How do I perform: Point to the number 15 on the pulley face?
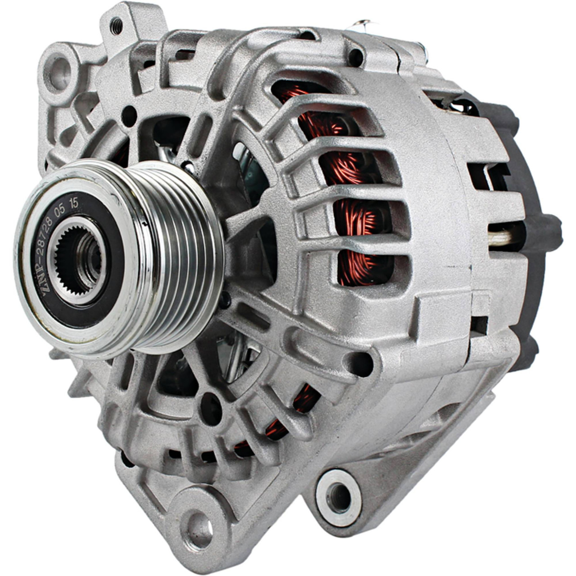(73, 203)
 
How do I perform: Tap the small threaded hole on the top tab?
(116, 25)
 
